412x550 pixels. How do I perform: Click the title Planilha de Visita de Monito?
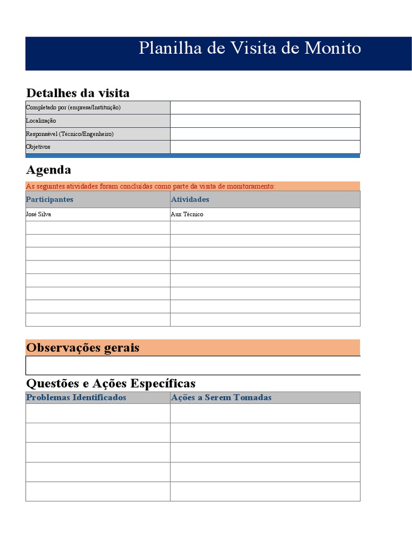click(249, 48)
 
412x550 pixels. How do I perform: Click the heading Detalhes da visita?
click(78, 93)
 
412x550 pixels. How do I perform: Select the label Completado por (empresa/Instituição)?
click(73, 107)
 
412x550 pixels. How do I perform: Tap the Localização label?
click(41, 121)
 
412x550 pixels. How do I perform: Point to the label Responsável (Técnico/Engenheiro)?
click(70, 134)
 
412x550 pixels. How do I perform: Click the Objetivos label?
click(38, 147)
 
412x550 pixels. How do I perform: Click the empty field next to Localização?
click(265, 121)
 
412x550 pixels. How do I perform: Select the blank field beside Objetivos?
click(265, 147)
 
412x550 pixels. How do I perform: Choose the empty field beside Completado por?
click(265, 107)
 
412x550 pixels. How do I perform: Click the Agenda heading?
click(48, 170)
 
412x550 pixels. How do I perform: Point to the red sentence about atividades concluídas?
click(150, 186)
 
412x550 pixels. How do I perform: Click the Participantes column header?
click(49, 199)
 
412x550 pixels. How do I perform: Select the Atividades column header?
click(190, 199)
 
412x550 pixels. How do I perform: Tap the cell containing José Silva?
click(39, 214)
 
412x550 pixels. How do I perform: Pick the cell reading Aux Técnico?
click(187, 214)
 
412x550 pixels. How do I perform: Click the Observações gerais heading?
click(83, 348)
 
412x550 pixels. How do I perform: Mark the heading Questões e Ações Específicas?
click(111, 383)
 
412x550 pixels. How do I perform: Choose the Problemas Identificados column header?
click(76, 397)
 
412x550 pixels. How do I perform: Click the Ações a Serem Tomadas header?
click(221, 397)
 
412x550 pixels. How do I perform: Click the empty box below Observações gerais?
click(193, 365)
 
